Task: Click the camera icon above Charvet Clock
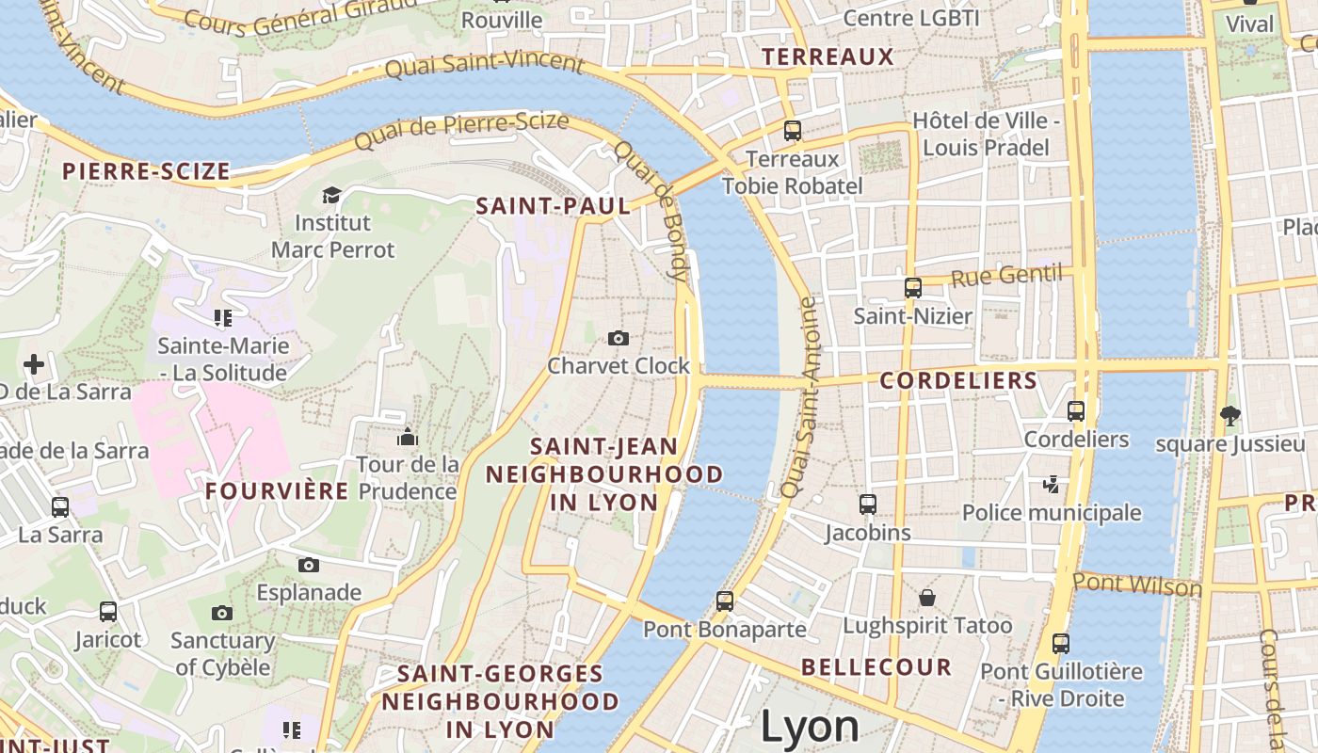point(618,338)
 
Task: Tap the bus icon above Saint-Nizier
point(912,288)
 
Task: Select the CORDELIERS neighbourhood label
point(958,381)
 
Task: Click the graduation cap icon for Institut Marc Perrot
point(331,195)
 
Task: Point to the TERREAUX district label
point(828,56)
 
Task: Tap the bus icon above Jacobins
point(868,505)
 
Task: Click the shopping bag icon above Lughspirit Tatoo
point(927,598)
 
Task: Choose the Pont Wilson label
point(1137,584)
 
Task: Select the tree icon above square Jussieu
point(1230,415)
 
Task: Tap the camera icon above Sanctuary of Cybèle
point(222,613)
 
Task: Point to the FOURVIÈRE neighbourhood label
point(277,490)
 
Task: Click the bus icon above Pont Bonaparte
point(724,601)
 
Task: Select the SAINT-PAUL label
point(553,205)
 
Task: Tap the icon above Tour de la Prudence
point(408,437)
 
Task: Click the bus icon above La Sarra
point(60,507)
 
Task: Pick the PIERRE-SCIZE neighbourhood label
point(146,171)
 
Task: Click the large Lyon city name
point(810,727)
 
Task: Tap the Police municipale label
point(1052,513)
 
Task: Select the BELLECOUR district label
point(876,667)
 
